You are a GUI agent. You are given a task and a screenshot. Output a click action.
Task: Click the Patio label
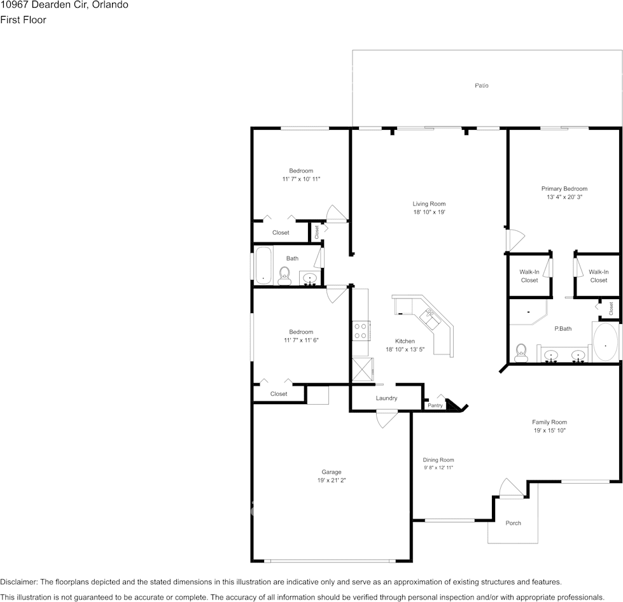coord(482,85)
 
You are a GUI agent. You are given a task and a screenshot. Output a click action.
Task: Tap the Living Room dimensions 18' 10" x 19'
coord(429,213)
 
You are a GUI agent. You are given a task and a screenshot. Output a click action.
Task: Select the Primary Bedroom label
coord(564,188)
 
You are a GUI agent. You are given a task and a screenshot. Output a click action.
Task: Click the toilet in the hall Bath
coord(284,276)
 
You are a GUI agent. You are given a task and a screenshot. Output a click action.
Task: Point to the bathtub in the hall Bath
coord(263,266)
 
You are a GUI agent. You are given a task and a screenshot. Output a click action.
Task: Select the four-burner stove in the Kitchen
coord(360,331)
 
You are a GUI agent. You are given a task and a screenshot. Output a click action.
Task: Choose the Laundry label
coord(386,398)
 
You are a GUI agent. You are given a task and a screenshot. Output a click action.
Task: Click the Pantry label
coord(435,405)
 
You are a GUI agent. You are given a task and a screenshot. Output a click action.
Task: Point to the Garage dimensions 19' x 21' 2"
coord(331,480)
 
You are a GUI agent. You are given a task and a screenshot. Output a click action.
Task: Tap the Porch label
coord(513,523)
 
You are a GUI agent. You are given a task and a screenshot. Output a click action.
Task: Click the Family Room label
coord(549,422)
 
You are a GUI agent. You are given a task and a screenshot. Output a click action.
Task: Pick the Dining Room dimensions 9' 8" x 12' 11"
coord(438,468)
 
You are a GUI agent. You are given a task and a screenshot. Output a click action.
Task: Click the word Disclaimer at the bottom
coord(18,582)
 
